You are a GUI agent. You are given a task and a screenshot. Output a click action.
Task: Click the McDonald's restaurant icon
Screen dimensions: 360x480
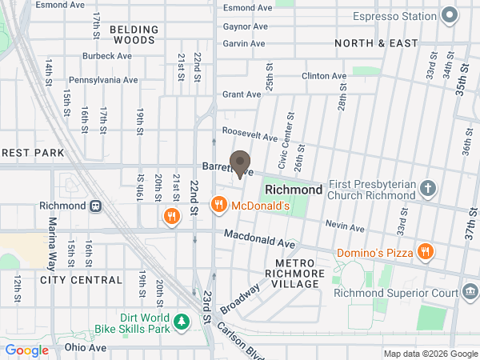point(218,206)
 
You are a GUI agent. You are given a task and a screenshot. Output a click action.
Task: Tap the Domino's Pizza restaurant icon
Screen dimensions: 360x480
point(425,252)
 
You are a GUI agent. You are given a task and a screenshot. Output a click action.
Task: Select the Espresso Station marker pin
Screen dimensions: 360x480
point(450,14)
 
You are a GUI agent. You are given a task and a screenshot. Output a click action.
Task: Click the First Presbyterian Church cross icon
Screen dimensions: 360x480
point(429,189)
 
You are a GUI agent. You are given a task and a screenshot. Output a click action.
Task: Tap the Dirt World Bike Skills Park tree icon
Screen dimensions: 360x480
point(183,322)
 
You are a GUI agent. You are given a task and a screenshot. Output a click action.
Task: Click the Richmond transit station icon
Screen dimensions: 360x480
point(95,206)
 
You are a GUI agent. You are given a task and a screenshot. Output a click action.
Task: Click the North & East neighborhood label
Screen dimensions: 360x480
point(374,42)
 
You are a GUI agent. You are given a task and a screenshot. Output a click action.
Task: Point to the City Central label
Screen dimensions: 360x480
point(81,280)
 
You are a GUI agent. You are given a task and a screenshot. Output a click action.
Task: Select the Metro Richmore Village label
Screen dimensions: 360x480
point(300,268)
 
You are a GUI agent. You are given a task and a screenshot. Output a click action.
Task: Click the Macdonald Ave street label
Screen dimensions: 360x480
point(260,238)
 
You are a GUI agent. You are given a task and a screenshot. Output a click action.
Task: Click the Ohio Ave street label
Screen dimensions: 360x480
point(86,348)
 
